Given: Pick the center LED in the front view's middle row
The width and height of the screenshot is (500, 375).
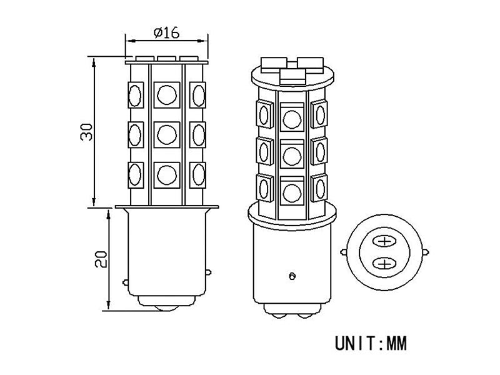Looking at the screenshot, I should tap(166, 132).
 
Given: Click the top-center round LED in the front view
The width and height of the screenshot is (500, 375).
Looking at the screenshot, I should tap(166, 94).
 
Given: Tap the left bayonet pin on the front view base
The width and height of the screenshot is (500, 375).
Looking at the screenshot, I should tap(127, 282).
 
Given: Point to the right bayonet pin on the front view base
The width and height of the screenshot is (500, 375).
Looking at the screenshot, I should tap(206, 282).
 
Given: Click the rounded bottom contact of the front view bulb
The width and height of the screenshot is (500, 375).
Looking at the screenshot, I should tap(167, 310).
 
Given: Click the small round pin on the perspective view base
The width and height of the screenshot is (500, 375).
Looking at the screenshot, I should tap(291, 275).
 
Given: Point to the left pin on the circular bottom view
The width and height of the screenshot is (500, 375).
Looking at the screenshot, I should tap(344, 252).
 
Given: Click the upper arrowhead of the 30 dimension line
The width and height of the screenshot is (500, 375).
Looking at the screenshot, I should tap(93, 61).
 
